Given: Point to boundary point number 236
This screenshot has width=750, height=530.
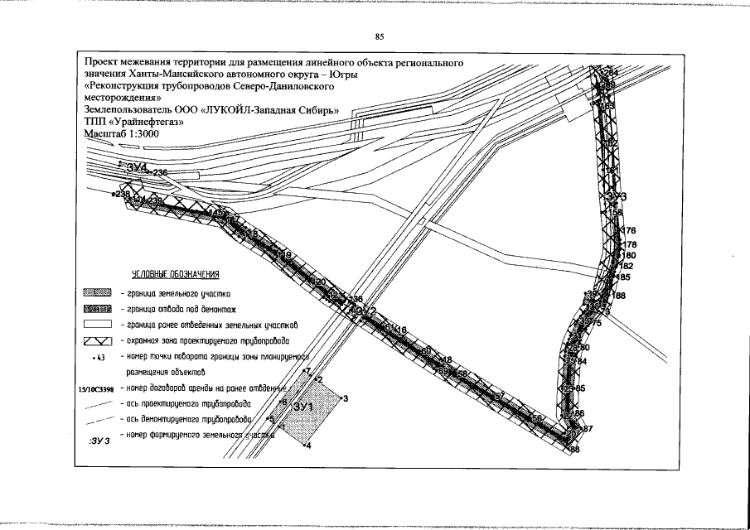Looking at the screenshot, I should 159,172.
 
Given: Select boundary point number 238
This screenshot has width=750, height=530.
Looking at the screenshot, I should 122,194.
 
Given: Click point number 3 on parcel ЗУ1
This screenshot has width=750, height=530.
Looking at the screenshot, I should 345,399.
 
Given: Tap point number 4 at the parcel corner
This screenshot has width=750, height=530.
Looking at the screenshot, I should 307,446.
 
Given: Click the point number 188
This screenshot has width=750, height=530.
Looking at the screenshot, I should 620,296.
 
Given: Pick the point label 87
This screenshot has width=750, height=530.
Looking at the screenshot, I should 588,428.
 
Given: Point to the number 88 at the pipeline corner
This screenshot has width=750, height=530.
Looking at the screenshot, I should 574,449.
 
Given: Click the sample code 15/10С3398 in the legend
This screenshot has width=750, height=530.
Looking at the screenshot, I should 96,387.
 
